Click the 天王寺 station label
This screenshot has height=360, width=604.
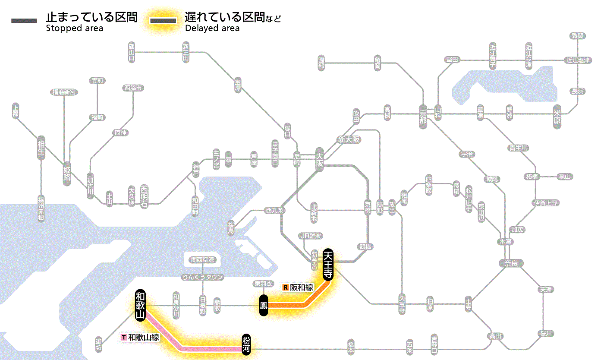click(328, 264)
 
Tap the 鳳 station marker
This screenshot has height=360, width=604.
click(264, 305)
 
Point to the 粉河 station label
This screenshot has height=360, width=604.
click(246, 344)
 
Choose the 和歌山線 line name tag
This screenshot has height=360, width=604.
click(144, 337)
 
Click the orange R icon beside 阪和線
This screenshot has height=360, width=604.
click(285, 287)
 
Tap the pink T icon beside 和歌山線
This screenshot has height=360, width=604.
click(124, 337)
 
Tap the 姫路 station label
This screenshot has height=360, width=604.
click(67, 172)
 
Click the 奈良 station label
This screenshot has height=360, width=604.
click(511, 263)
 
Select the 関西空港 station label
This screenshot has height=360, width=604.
click(205, 260)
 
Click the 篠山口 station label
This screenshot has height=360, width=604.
click(132, 52)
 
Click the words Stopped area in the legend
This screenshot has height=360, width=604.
click(75, 28)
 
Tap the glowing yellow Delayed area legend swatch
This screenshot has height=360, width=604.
click(163, 21)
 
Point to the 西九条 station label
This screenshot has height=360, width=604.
click(275, 211)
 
